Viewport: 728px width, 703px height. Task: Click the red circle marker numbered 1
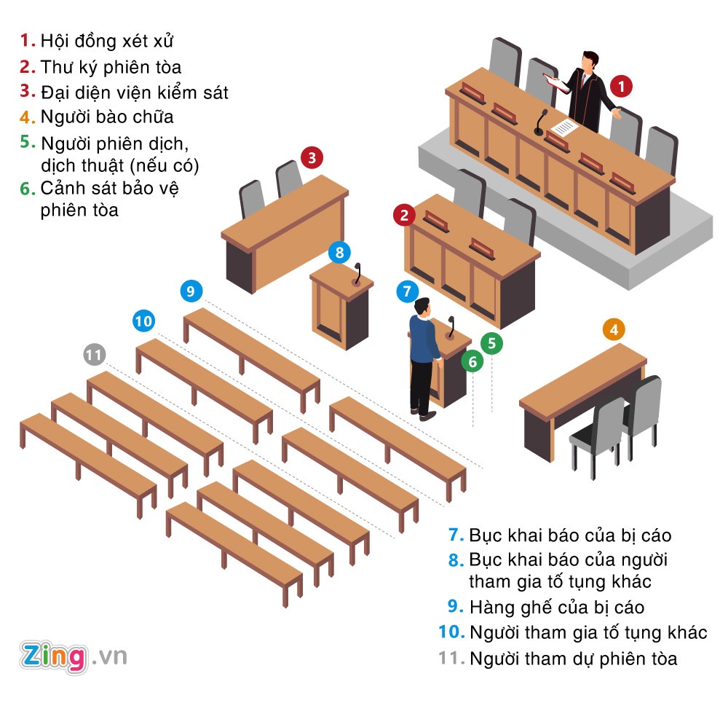(620, 87)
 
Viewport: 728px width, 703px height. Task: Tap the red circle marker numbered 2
(404, 215)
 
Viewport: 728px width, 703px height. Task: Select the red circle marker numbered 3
(312, 157)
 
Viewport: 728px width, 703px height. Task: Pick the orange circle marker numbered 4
(614, 330)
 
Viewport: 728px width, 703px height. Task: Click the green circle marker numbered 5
(492, 343)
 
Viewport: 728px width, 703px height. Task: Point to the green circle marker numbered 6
(472, 361)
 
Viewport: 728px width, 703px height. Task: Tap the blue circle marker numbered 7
(408, 291)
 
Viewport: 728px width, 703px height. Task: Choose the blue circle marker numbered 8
(339, 253)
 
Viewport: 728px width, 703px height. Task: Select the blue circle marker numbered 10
(144, 321)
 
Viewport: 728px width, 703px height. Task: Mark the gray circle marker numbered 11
(94, 356)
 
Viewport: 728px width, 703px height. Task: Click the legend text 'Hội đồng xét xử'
(107, 41)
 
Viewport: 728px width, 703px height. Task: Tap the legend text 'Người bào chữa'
(107, 117)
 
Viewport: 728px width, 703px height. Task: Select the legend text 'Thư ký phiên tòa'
(111, 67)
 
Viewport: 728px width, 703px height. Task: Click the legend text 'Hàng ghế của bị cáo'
(557, 607)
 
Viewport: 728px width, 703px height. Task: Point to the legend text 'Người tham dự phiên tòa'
(573, 659)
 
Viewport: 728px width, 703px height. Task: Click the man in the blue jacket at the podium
(424, 350)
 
